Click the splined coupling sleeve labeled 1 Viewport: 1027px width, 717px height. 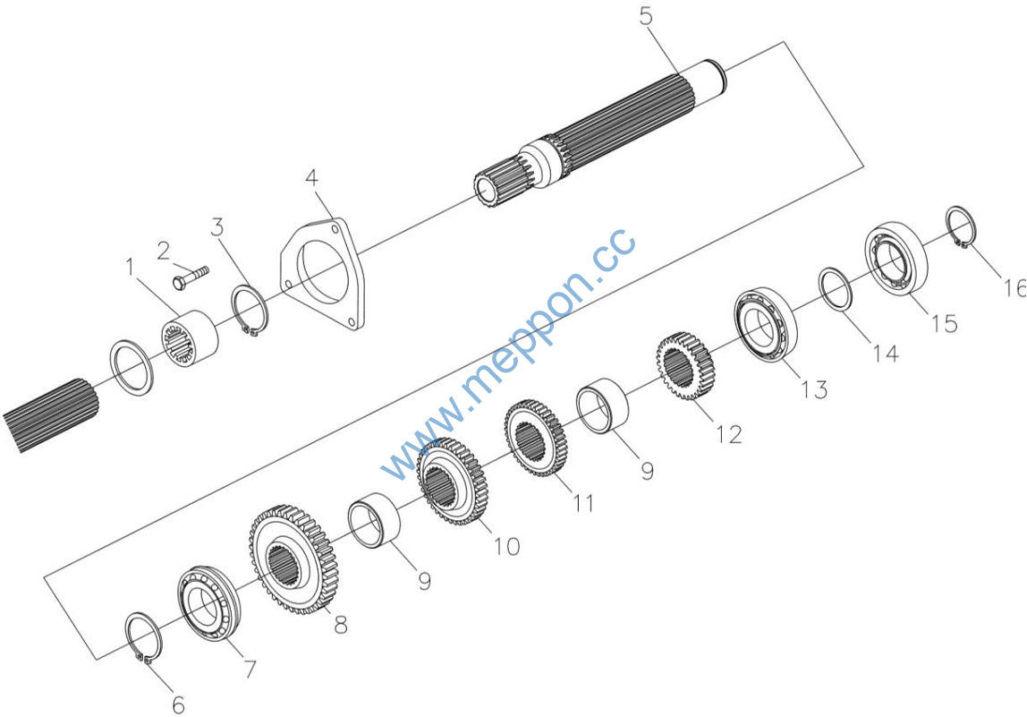190,336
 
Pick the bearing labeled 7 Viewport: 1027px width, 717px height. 207,603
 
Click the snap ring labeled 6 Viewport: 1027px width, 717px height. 142,637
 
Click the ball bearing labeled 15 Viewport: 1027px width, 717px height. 895,254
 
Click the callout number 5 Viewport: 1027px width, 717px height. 647,17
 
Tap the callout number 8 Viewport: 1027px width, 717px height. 340,625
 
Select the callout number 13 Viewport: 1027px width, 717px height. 814,389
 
